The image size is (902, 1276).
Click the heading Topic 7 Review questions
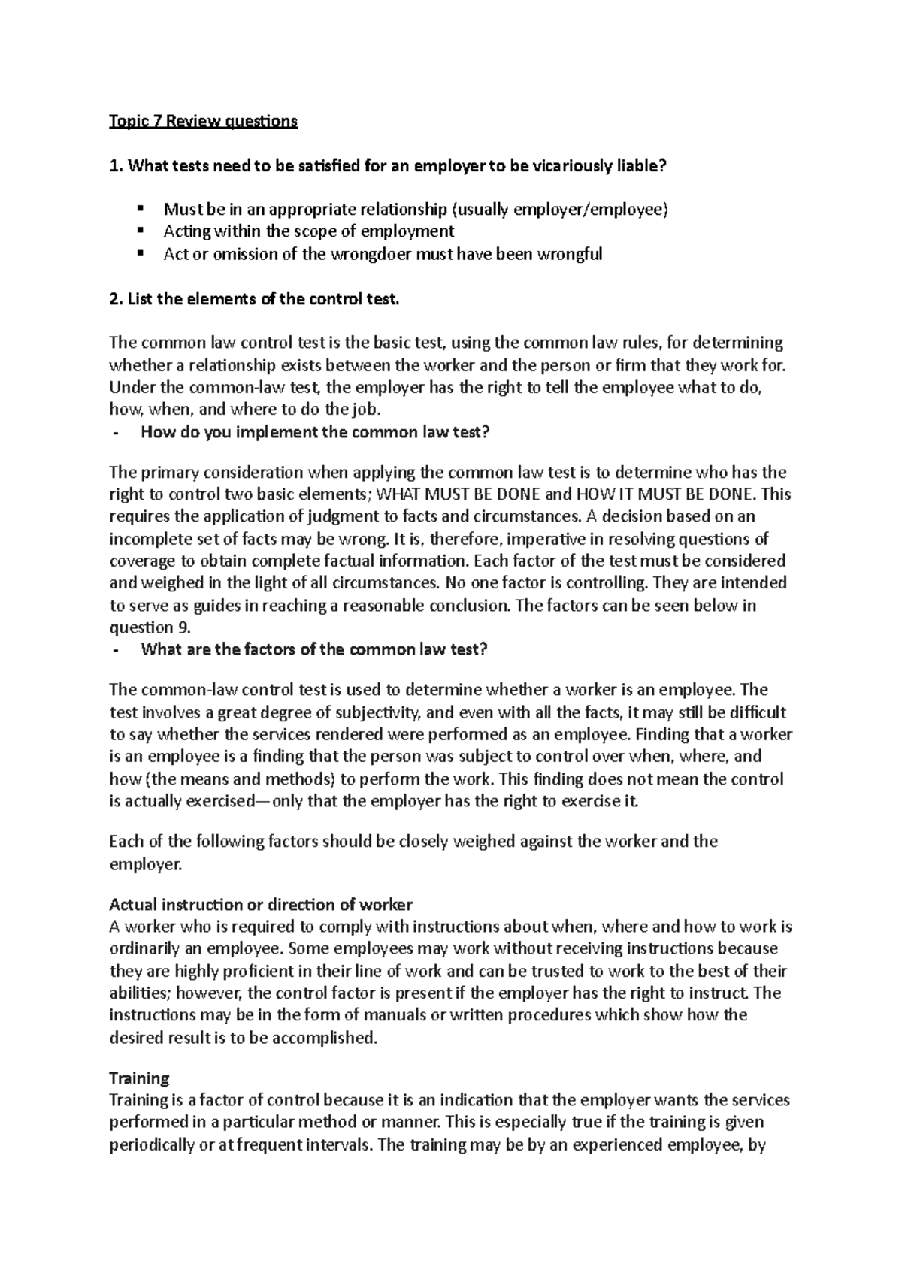tap(203, 121)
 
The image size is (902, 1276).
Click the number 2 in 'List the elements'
tap(114, 299)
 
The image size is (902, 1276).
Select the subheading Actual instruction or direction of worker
tap(261, 904)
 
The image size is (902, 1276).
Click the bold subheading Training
tap(139, 1078)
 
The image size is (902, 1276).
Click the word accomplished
tap(320, 1038)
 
